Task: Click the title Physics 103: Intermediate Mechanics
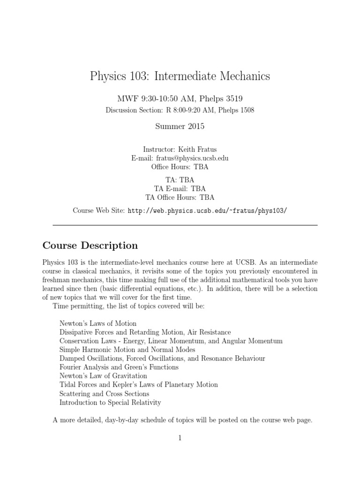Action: click(180, 76)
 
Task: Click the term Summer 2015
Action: click(180, 126)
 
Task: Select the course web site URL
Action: click(207, 210)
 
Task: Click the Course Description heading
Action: click(90, 246)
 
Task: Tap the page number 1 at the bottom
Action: click(180, 438)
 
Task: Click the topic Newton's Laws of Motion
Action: click(98, 323)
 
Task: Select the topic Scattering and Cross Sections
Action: click(104, 394)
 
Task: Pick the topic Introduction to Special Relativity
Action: click(110, 402)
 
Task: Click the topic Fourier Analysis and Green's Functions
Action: click(119, 367)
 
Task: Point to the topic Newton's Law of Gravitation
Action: click(103, 376)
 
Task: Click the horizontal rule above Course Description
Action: click(185, 225)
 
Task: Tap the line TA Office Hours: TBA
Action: click(180, 197)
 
